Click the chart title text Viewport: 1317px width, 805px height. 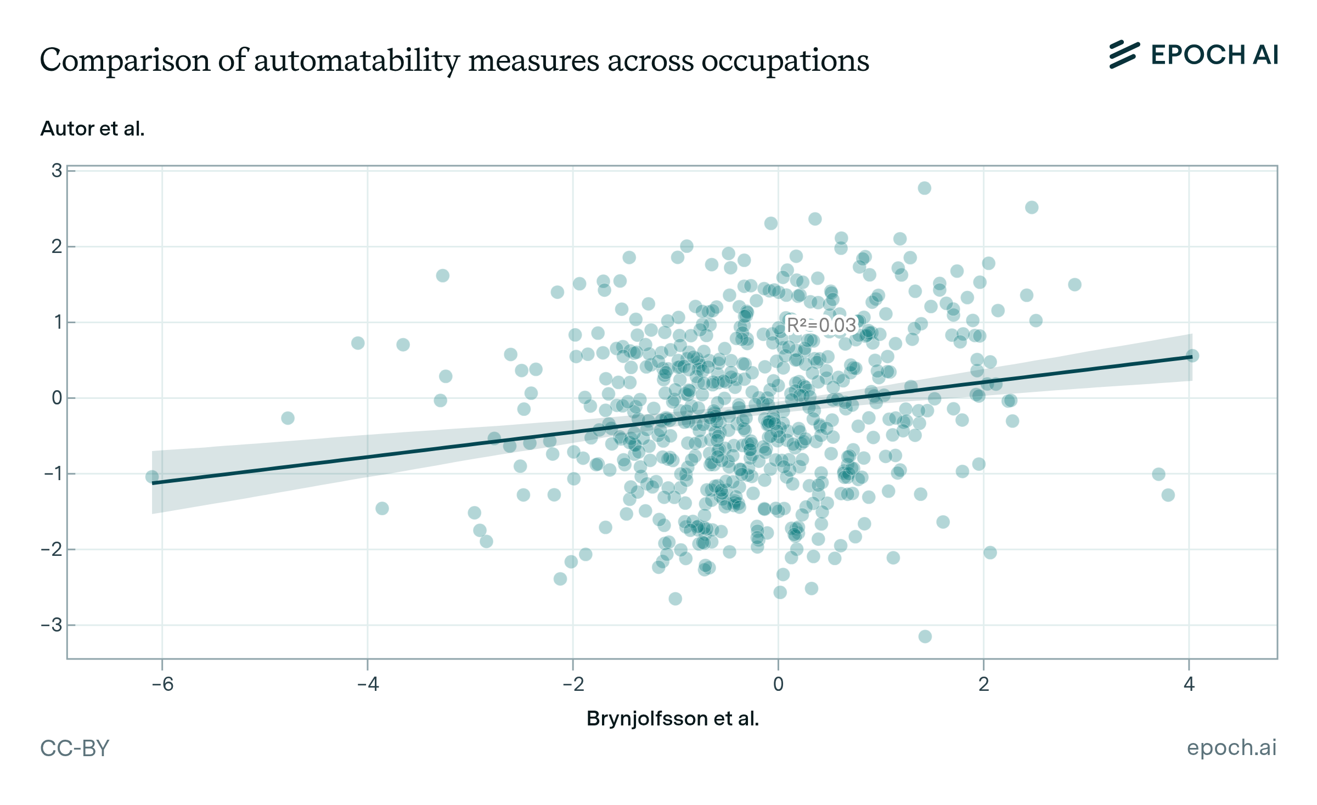(454, 60)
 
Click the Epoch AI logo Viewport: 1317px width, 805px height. (1194, 55)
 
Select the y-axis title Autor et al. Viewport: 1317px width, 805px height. (92, 128)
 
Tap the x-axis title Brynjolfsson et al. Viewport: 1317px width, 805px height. (673, 718)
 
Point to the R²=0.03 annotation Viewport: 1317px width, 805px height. (821, 325)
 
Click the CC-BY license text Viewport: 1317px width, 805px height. (75, 748)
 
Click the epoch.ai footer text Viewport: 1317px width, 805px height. (1231, 747)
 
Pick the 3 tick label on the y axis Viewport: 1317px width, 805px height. (57, 171)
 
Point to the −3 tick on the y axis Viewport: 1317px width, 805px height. (53, 625)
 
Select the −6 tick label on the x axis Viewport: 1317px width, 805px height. (162, 684)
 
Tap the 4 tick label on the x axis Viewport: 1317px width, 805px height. (1189, 684)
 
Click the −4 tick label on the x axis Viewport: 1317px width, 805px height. (368, 684)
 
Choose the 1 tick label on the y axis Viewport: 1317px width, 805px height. (57, 322)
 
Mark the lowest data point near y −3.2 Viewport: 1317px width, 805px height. (925, 637)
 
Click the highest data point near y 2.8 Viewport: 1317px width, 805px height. (925, 188)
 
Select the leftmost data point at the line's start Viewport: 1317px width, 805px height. (152, 477)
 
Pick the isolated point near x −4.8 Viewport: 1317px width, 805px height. (288, 418)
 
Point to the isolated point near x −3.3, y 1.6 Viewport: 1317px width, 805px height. (443, 275)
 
